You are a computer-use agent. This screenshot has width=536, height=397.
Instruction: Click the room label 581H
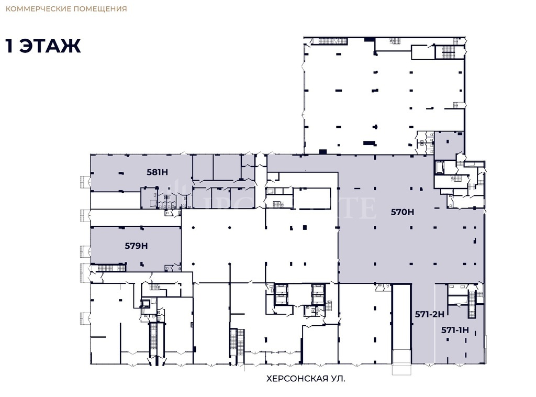click(157, 171)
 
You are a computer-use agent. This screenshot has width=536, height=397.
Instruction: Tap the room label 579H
click(136, 245)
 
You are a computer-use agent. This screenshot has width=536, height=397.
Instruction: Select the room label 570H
click(403, 212)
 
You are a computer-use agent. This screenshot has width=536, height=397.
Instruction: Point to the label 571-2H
click(429, 314)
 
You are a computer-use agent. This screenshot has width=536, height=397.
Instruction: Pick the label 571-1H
click(454, 330)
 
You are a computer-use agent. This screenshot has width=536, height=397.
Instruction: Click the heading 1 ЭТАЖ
click(43, 46)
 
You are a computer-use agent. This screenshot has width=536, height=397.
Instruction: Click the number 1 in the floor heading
click(9, 46)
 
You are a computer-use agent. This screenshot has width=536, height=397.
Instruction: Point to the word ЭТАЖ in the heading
click(51, 46)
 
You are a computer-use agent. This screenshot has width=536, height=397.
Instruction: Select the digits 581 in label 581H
click(153, 171)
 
